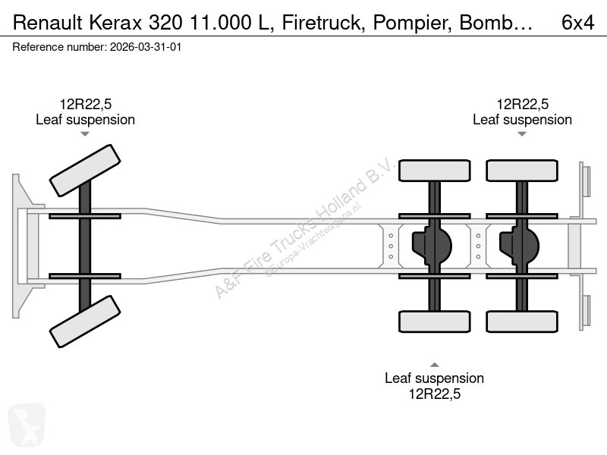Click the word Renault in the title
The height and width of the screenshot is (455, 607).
pos(48,23)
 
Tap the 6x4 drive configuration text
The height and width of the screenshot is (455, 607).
pos(577,23)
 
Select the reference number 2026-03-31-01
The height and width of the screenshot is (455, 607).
pos(146,47)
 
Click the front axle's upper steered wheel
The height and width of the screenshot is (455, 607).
pos(85,171)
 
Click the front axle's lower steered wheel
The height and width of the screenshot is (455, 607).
pos(85,322)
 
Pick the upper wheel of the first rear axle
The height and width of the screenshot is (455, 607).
pos(434,171)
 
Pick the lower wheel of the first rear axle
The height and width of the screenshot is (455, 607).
pos(434,322)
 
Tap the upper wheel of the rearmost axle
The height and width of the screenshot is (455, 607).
pos(522,171)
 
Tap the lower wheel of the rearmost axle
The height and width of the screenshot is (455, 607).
pos(522,322)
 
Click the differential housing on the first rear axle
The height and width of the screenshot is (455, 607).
pos(432,246)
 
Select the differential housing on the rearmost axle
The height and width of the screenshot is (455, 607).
pos(519,246)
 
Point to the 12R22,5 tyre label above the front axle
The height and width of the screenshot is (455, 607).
pos(86,104)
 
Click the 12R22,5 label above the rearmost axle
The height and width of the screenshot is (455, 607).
pos(523,104)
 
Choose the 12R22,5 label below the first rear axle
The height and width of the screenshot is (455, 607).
pos(435,394)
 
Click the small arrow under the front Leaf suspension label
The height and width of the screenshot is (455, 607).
pos(85,134)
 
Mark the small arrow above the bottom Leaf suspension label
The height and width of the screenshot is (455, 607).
pos(434,365)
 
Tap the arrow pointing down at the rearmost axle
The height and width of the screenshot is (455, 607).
pos(522,134)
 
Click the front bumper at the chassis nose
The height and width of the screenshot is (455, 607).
pos(23,246)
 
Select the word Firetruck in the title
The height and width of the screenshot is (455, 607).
pos(323,23)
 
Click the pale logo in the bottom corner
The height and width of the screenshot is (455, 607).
pos(27,425)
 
